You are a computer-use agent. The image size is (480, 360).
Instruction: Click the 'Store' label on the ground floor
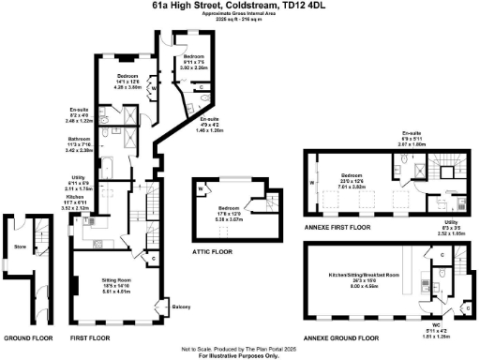coord(19,248)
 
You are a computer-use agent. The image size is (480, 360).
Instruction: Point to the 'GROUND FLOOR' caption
coord(27,336)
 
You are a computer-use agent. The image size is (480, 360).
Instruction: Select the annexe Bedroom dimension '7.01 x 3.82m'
coord(352,187)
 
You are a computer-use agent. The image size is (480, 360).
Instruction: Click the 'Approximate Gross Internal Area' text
coord(240,16)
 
